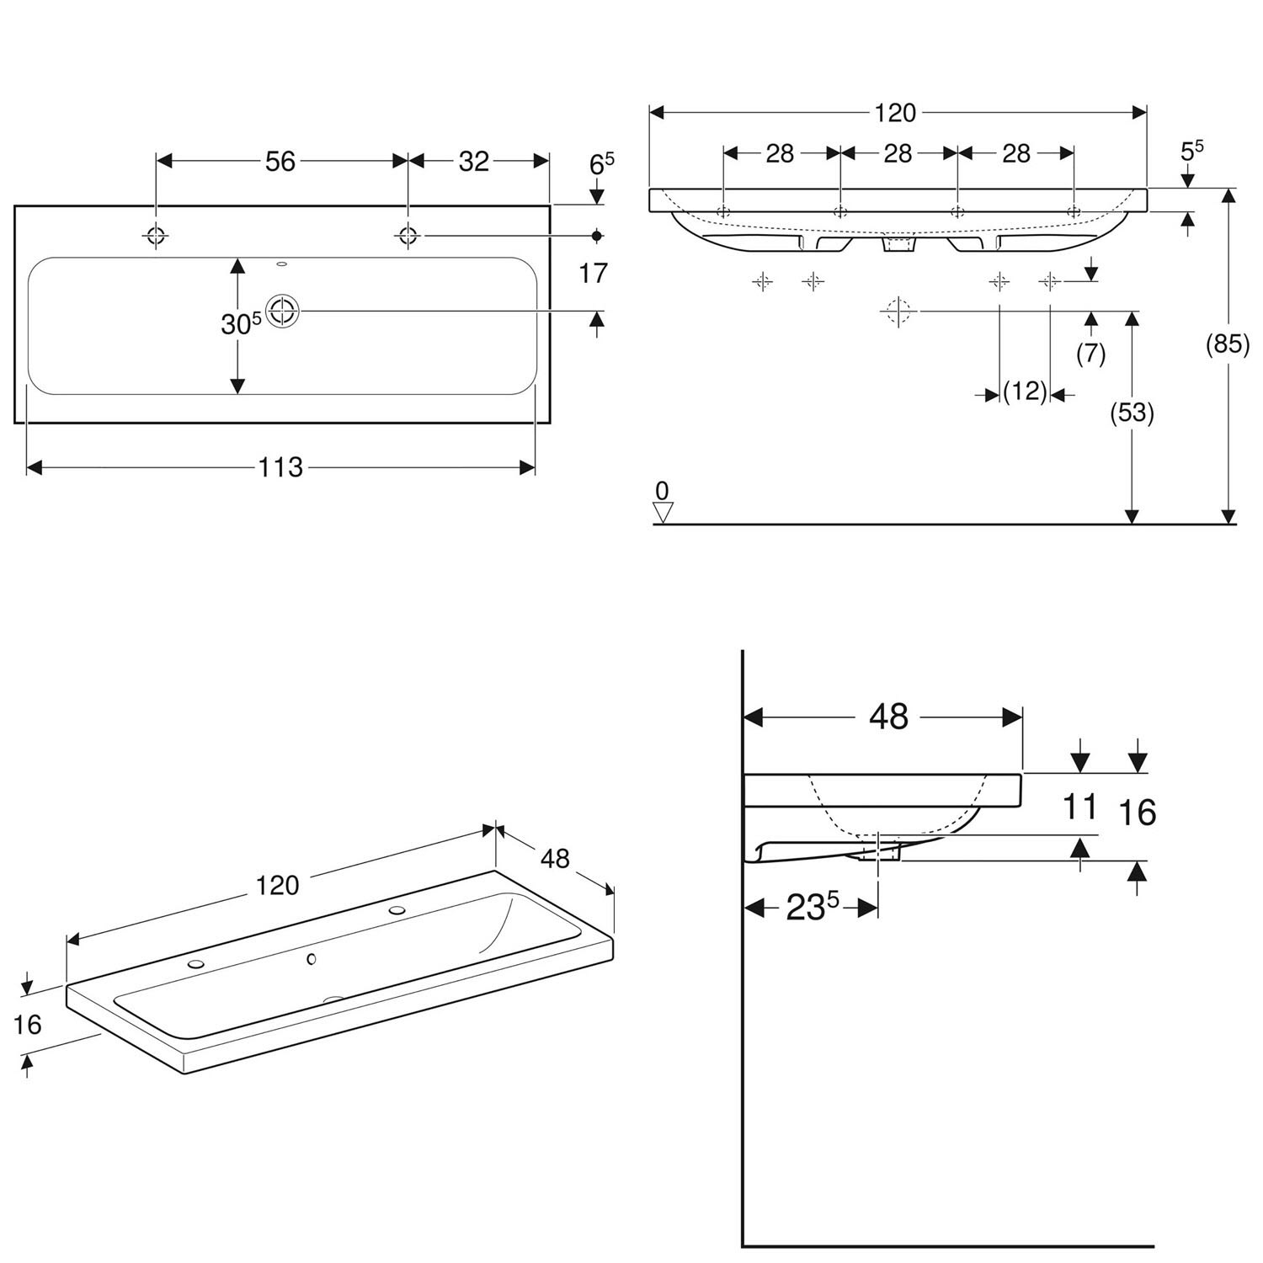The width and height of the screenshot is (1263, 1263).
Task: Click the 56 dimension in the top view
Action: [x=280, y=161]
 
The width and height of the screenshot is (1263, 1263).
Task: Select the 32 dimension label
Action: [x=474, y=161]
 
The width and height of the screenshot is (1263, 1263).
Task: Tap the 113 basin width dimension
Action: [x=280, y=466]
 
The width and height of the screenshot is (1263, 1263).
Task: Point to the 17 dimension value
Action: [x=594, y=273]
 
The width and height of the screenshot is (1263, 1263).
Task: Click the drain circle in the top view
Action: [x=283, y=312]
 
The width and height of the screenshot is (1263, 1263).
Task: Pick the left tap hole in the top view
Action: [x=157, y=236]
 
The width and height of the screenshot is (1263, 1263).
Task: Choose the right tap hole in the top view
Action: [x=408, y=236]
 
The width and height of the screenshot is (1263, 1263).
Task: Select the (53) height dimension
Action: [x=1132, y=413]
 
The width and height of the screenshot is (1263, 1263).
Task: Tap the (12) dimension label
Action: [x=1025, y=392]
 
